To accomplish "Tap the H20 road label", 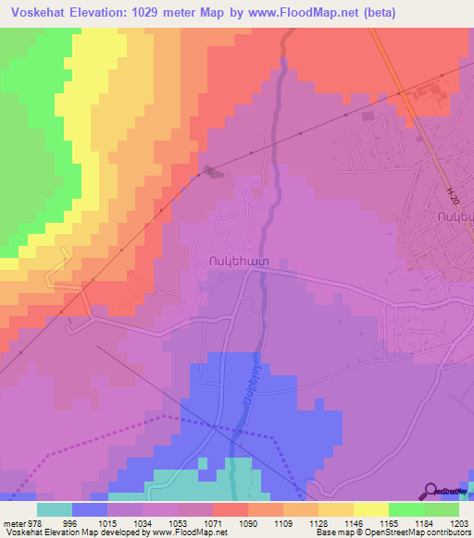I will tap(452, 196).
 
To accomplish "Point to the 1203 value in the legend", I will tap(458, 522).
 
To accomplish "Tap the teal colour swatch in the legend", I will tap(55, 509).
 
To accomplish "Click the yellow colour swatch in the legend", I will tap(371, 509).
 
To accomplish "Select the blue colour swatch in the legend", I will tap(90, 509).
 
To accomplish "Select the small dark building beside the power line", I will tap(213, 170).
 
